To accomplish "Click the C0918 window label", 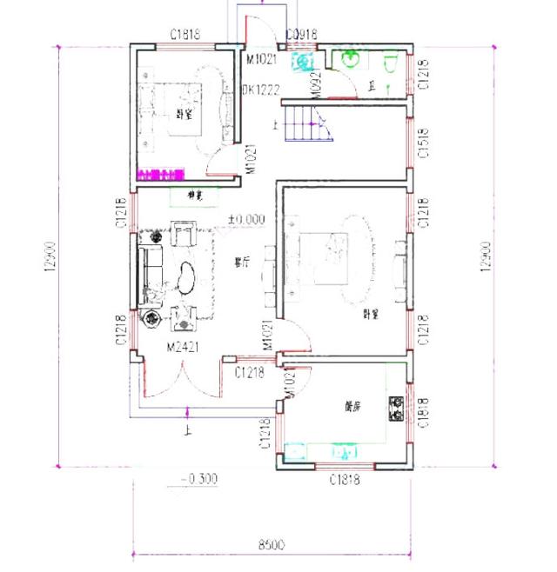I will pos(301,35).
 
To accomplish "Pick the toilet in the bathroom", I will pos(390,63).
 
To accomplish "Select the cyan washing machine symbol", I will pos(304,63).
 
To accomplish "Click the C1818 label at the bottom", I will pos(344,479).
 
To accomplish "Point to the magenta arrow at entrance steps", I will pos(185,414).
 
